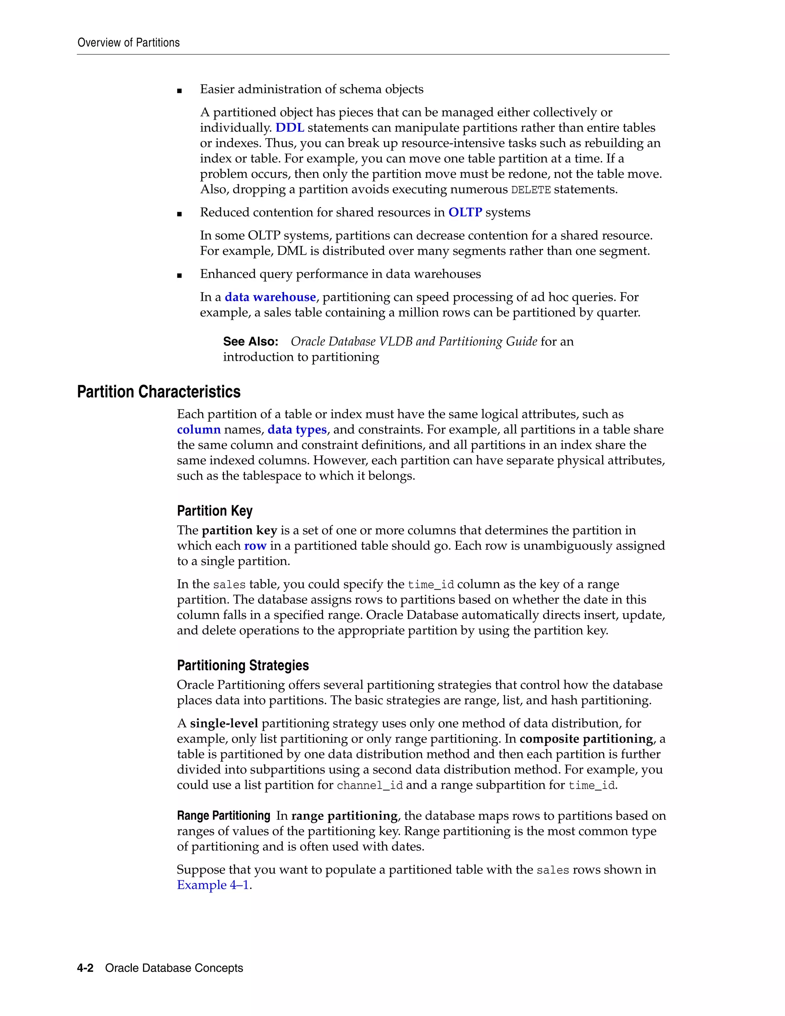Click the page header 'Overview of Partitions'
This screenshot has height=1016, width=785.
click(128, 43)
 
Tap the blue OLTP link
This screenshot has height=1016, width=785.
click(465, 213)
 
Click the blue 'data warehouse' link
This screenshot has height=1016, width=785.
click(270, 297)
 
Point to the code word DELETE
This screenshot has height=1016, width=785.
click(530, 190)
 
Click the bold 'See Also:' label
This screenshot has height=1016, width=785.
click(251, 342)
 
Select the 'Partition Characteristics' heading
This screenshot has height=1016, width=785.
click(159, 392)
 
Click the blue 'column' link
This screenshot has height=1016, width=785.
click(199, 429)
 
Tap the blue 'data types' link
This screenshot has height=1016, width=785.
click(297, 429)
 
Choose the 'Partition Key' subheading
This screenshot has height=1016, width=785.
click(214, 511)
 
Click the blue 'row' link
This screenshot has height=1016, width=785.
click(255, 546)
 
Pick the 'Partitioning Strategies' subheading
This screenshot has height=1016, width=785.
click(243, 665)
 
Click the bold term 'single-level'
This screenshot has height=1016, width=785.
click(224, 723)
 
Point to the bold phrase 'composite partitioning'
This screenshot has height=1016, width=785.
click(586, 739)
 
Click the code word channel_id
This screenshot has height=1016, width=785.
click(369, 786)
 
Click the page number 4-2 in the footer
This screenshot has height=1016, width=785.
click(85, 968)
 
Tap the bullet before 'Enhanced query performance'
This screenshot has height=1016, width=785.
click(179, 275)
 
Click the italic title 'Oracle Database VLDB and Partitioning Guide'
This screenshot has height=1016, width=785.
click(414, 342)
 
